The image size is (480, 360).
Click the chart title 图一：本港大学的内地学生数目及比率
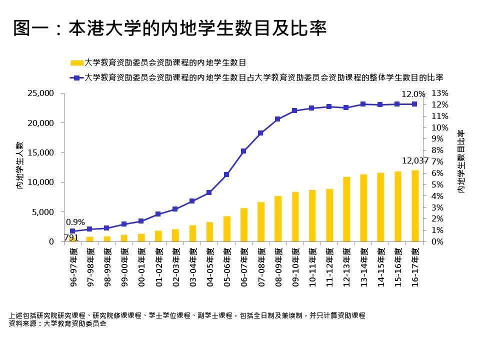point(170,28)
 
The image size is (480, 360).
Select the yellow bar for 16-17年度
point(414,206)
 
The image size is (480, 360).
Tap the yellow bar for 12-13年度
point(346,209)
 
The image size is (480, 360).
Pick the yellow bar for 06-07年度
point(243,225)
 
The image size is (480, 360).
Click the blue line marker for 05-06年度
point(226,174)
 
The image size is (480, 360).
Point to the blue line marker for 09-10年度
point(294,110)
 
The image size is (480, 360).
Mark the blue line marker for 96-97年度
point(72,231)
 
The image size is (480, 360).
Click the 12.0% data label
point(413,94)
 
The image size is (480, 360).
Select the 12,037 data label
point(415,161)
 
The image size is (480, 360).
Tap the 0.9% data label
point(75,222)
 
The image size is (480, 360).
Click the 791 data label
point(71,237)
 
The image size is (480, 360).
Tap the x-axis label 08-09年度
point(278,267)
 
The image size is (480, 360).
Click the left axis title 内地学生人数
point(20,165)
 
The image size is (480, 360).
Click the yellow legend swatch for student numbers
point(76,63)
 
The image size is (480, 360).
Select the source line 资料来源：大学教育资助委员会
point(58,323)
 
